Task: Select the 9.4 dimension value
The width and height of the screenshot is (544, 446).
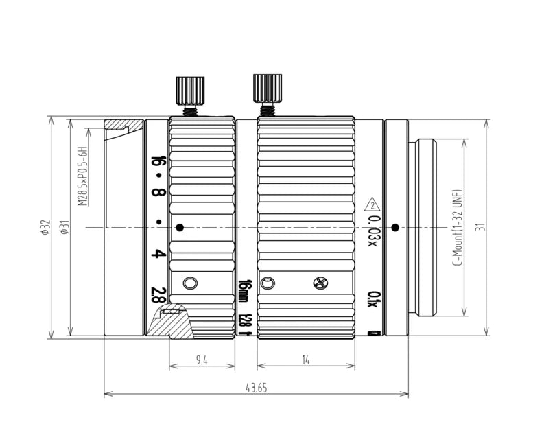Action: click(202, 359)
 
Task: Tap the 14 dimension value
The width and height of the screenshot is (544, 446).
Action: click(305, 359)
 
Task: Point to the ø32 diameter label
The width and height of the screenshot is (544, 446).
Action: click(46, 228)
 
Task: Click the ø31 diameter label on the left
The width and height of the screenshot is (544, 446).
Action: click(64, 228)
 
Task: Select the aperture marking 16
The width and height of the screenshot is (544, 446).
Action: click(158, 163)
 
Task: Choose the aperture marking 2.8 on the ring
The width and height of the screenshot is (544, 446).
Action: click(158, 296)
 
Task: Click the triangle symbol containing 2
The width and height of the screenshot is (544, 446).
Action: click(371, 204)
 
